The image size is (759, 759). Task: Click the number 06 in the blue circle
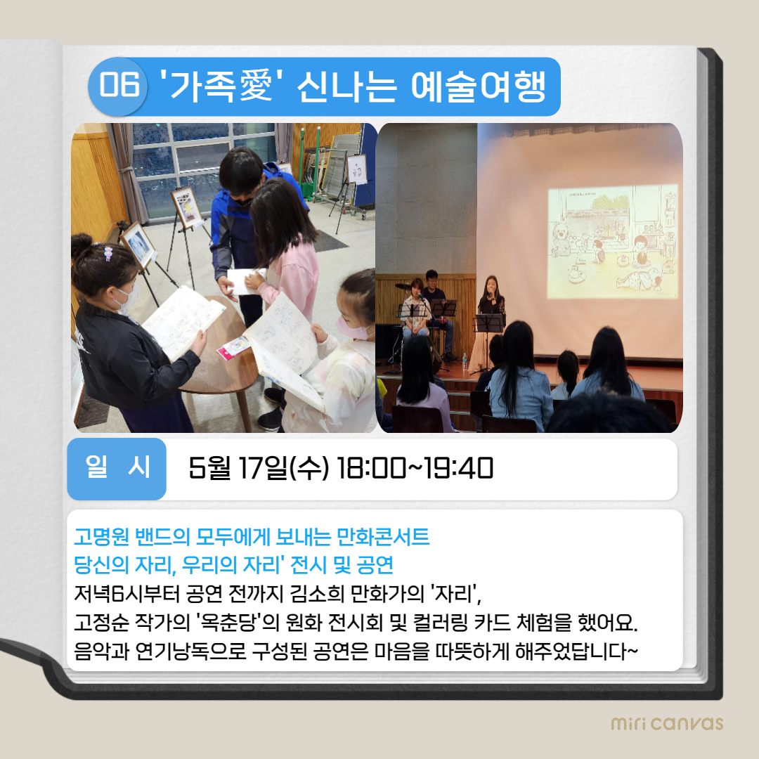pos(119,85)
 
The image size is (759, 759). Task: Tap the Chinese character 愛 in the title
pos(256,86)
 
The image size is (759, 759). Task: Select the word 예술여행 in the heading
pos(479,86)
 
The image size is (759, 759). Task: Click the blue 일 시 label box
pos(117,469)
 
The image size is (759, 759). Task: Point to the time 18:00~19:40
pos(415,468)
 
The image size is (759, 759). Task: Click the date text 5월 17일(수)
pos(259,468)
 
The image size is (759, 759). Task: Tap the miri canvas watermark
pos(667,723)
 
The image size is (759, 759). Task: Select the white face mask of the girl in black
pos(127,299)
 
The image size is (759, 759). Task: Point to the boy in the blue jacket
pos(245,228)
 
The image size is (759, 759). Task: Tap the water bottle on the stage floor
pos(465,362)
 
